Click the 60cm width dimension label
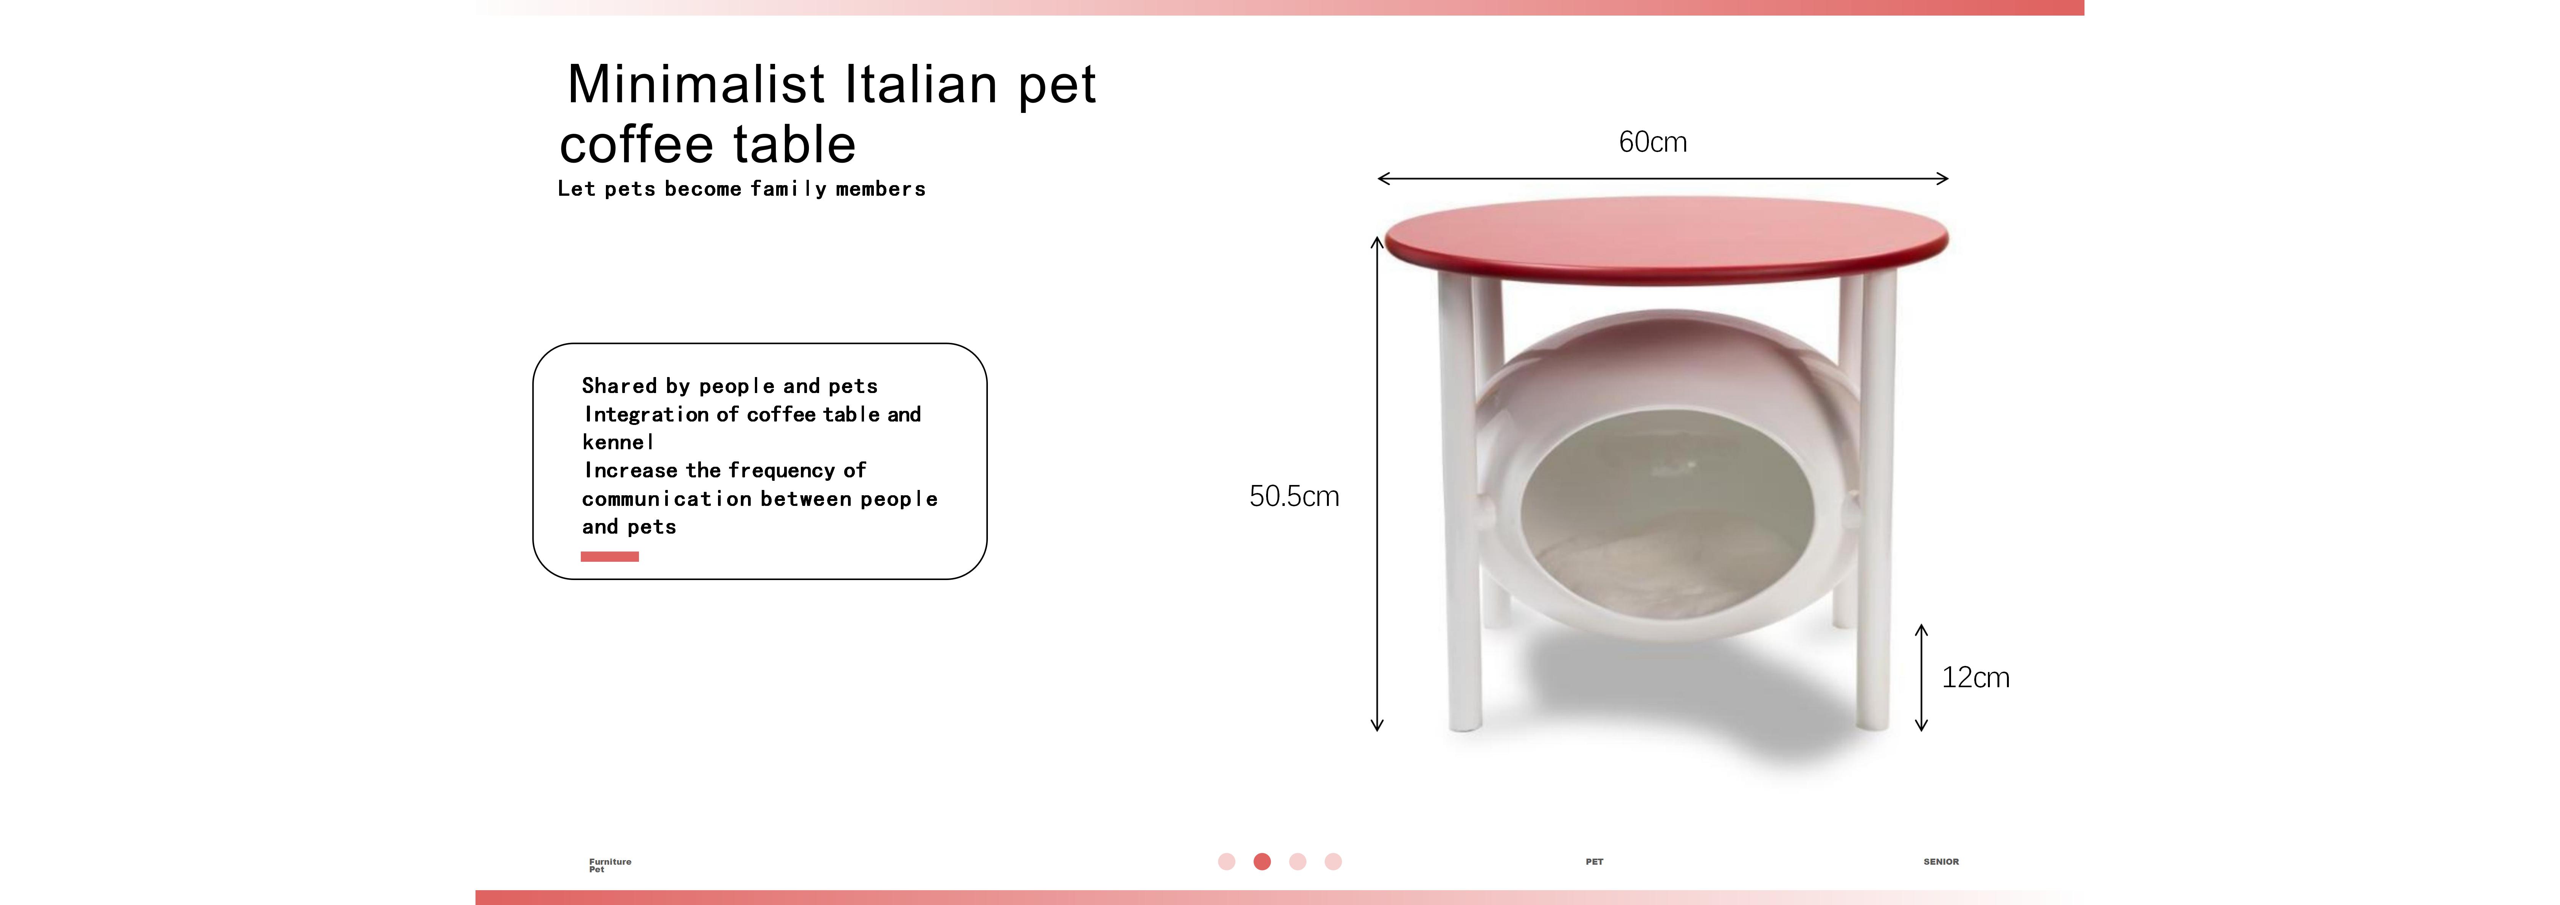pyautogui.click(x=1653, y=142)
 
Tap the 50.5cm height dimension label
pyautogui.click(x=1294, y=496)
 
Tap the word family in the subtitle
pyautogui.click(x=788, y=189)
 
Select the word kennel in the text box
pyautogui.click(x=617, y=442)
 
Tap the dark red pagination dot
pyautogui.click(x=1262, y=861)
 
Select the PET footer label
pyautogui.click(x=1594, y=861)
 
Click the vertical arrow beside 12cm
pyautogui.click(x=1921, y=677)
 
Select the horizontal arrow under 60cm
pyautogui.click(x=1663, y=179)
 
